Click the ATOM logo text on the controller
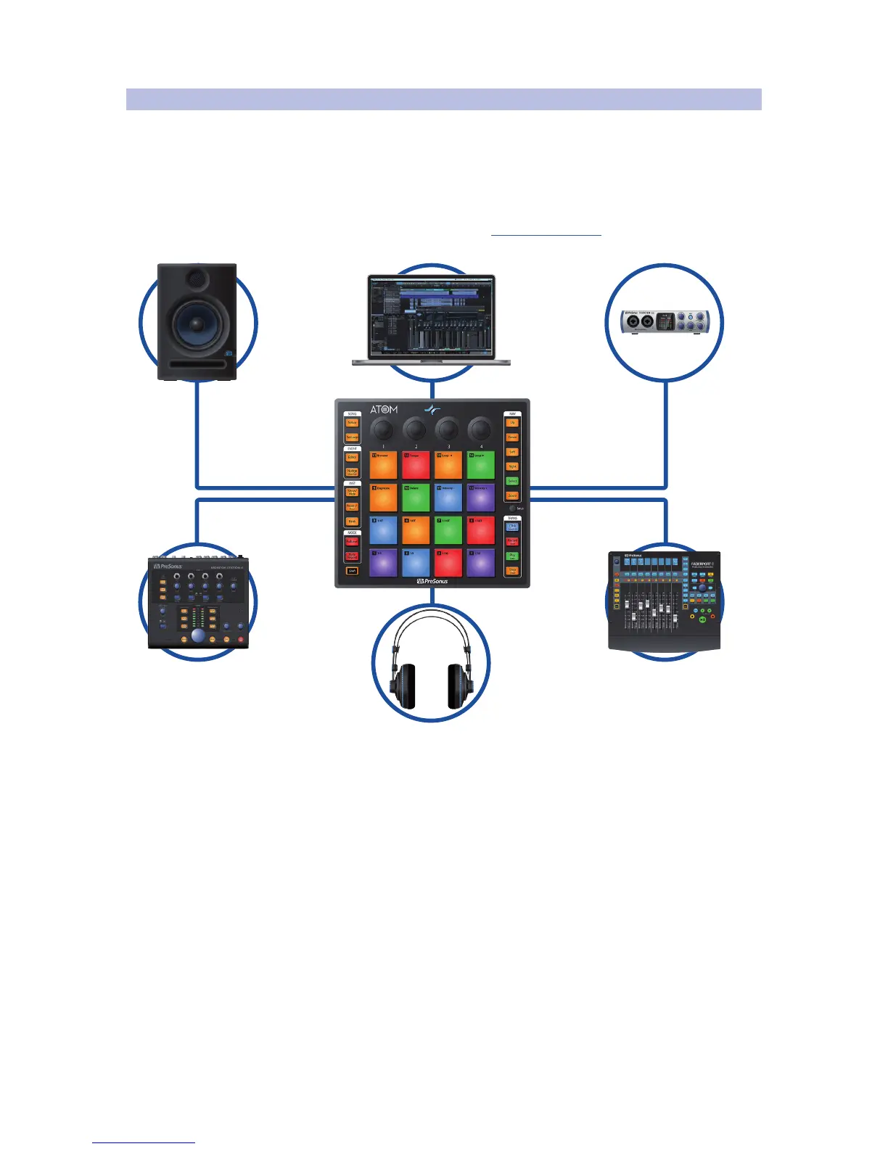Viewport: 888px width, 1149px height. tap(384, 409)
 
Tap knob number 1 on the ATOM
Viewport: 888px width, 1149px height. tap(382, 429)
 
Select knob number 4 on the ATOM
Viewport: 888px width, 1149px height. tap(480, 429)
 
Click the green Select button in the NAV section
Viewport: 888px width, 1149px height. tap(512, 481)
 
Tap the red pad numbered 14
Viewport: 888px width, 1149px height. tap(416, 465)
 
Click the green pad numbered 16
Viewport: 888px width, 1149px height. tap(480, 465)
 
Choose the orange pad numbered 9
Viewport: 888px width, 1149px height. tap(383, 498)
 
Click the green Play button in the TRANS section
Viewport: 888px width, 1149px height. tap(512, 556)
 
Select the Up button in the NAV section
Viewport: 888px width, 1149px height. tap(512, 422)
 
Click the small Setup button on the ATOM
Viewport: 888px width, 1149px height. tap(512, 508)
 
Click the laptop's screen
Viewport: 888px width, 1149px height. tap(431, 316)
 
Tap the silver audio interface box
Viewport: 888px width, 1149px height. tap(665, 321)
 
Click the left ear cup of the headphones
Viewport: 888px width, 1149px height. tap(405, 685)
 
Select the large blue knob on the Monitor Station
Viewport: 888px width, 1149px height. tap(198, 636)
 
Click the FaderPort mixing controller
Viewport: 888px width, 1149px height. tap(664, 601)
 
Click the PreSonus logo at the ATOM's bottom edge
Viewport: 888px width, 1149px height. tap(432, 581)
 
